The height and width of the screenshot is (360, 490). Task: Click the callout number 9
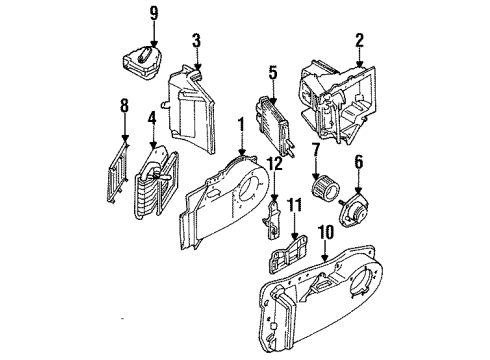154,13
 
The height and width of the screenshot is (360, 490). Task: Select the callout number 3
197,41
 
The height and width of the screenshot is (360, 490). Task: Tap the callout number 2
357,41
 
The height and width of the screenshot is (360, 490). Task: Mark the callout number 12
275,163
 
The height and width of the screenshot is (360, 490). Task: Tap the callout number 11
294,205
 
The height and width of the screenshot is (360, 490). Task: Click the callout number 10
323,232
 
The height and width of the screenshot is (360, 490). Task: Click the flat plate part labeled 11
292,251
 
